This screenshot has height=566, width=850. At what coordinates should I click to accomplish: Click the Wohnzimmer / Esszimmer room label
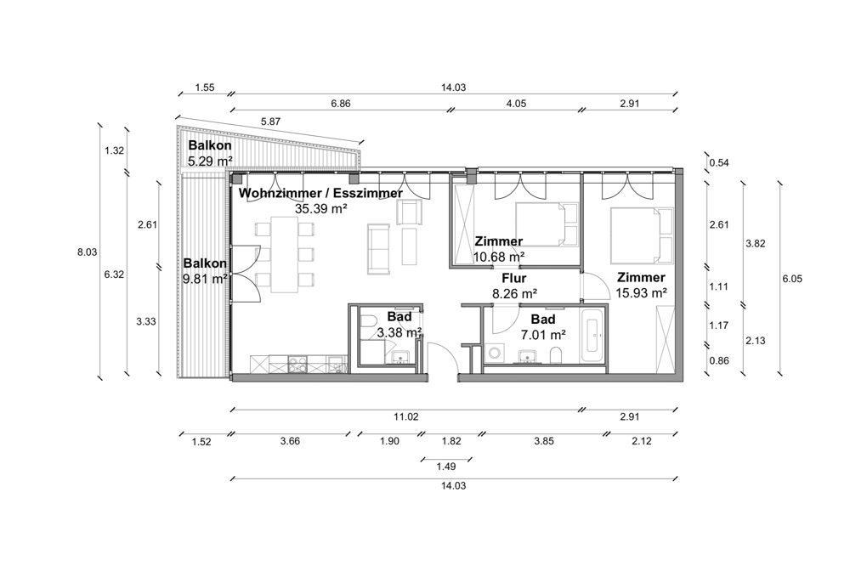320,193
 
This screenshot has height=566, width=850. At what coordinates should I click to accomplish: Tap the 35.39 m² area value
321,209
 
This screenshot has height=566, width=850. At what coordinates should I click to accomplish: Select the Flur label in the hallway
514,279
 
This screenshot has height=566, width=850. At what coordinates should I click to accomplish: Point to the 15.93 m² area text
641,293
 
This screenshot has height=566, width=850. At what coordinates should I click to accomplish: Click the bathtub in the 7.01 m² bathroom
592,337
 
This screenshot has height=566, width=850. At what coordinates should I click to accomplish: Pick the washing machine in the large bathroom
495,353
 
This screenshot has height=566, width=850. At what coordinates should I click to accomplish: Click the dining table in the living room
285,254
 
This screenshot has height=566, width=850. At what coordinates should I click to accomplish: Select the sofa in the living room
378,248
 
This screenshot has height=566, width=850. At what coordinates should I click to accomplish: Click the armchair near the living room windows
409,212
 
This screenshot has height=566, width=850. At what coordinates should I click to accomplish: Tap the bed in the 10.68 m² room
547,224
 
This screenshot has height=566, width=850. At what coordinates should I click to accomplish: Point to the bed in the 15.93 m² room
642,234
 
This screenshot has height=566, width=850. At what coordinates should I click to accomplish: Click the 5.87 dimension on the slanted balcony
270,122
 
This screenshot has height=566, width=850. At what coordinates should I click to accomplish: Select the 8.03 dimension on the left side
88,252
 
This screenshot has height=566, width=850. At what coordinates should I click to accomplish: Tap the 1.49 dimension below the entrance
446,467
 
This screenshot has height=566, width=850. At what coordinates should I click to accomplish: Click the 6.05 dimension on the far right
792,280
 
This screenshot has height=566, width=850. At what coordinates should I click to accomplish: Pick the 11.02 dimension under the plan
406,417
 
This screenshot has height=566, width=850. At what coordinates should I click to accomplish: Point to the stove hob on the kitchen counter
297,365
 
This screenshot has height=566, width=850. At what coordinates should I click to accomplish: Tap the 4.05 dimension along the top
516,104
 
